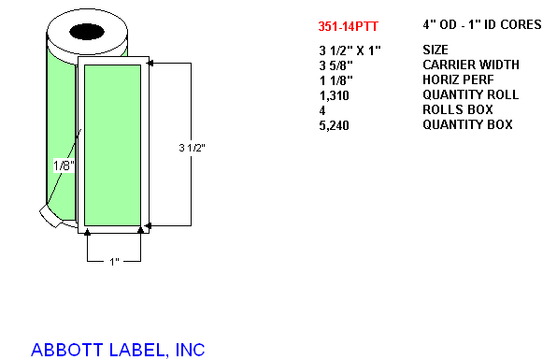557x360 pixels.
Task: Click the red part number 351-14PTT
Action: click(348, 26)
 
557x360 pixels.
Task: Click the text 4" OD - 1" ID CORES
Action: click(482, 24)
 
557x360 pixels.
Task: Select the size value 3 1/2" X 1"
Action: click(350, 50)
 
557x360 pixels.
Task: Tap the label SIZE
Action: click(436, 50)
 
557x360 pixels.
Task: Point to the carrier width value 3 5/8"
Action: click(336, 65)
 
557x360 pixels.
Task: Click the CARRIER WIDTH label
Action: click(471, 65)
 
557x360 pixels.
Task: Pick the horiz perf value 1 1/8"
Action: click(336, 80)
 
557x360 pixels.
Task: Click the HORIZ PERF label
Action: click(458, 79)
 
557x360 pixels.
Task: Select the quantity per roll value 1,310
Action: click(335, 95)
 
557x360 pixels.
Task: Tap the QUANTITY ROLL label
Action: click(471, 94)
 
